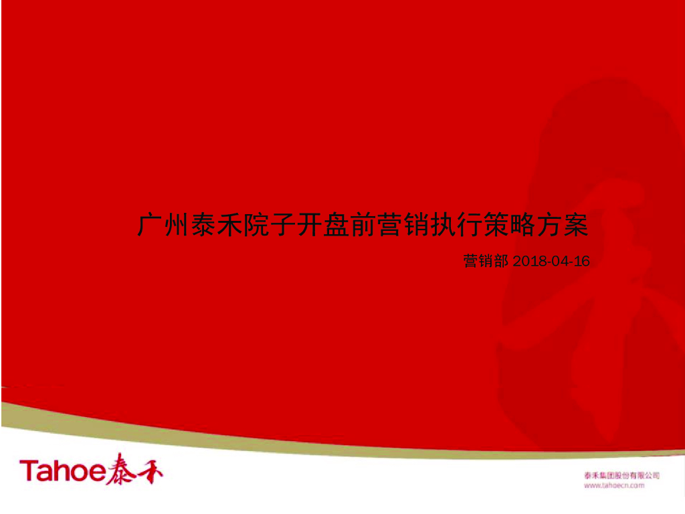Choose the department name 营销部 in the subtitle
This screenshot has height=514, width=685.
(x=486, y=261)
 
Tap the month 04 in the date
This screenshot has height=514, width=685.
(x=560, y=261)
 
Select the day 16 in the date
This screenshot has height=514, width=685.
(x=583, y=261)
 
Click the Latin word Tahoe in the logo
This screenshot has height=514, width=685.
(x=62, y=471)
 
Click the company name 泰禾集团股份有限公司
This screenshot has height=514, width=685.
(x=621, y=475)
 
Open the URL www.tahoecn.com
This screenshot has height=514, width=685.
(x=614, y=485)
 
